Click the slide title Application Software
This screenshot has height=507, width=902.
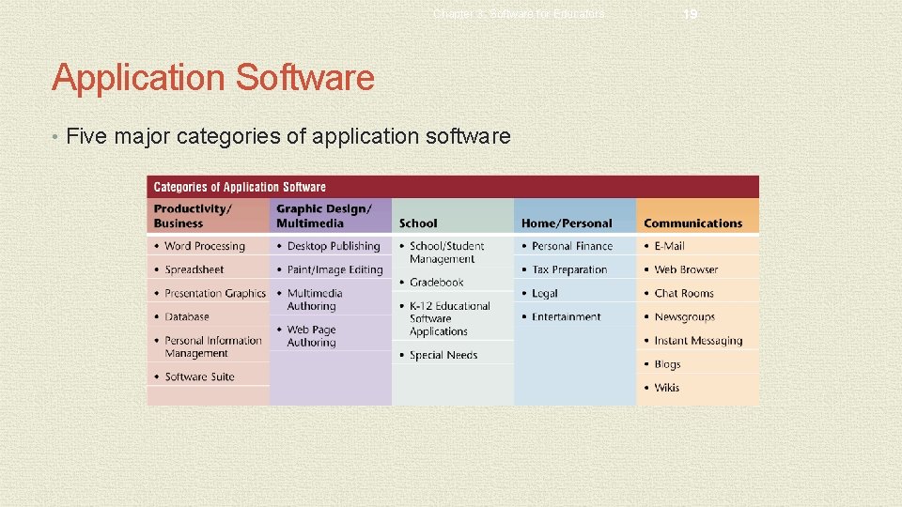(x=212, y=77)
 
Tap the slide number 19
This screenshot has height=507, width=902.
(x=690, y=14)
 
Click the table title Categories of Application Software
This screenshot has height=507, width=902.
(x=240, y=187)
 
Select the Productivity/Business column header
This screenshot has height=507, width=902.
(x=192, y=216)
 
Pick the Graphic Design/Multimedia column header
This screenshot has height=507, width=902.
(x=324, y=216)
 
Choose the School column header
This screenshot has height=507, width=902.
(x=418, y=223)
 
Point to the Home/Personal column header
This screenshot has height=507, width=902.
(x=566, y=223)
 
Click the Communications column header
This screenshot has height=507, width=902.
(x=692, y=223)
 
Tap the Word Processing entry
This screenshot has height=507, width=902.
(x=204, y=246)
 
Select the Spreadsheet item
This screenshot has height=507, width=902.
(x=194, y=269)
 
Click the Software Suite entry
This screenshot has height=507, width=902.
(x=199, y=376)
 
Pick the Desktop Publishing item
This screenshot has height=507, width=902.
(x=334, y=246)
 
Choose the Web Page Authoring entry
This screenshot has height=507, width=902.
(x=311, y=336)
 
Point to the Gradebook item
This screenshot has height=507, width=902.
(x=436, y=282)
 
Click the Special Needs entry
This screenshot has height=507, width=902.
(x=443, y=355)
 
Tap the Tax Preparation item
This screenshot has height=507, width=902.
(x=569, y=269)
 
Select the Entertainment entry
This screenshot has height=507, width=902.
(x=566, y=316)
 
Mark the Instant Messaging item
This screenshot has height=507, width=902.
(x=698, y=341)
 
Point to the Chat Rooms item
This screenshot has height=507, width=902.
(x=684, y=293)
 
